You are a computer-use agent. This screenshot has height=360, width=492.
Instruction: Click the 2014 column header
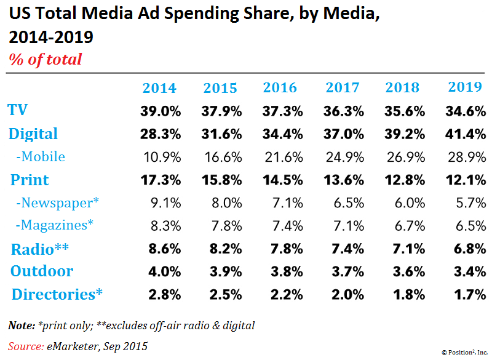pos(159,88)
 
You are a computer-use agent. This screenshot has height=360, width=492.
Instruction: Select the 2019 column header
pos(465,87)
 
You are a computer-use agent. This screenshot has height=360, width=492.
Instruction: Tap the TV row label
pos(18,110)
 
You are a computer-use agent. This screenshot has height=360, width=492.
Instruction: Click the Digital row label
pos(33,134)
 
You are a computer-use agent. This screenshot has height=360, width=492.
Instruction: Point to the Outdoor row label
pos(42,271)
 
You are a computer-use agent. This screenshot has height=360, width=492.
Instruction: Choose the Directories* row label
pos(57,294)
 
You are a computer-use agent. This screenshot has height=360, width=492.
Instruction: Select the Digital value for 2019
pos(465,134)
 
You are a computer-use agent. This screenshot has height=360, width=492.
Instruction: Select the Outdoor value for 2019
pos(465,272)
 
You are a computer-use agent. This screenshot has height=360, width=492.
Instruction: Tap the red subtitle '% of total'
pos(45,60)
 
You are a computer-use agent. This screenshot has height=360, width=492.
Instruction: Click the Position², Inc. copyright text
pos(464,352)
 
